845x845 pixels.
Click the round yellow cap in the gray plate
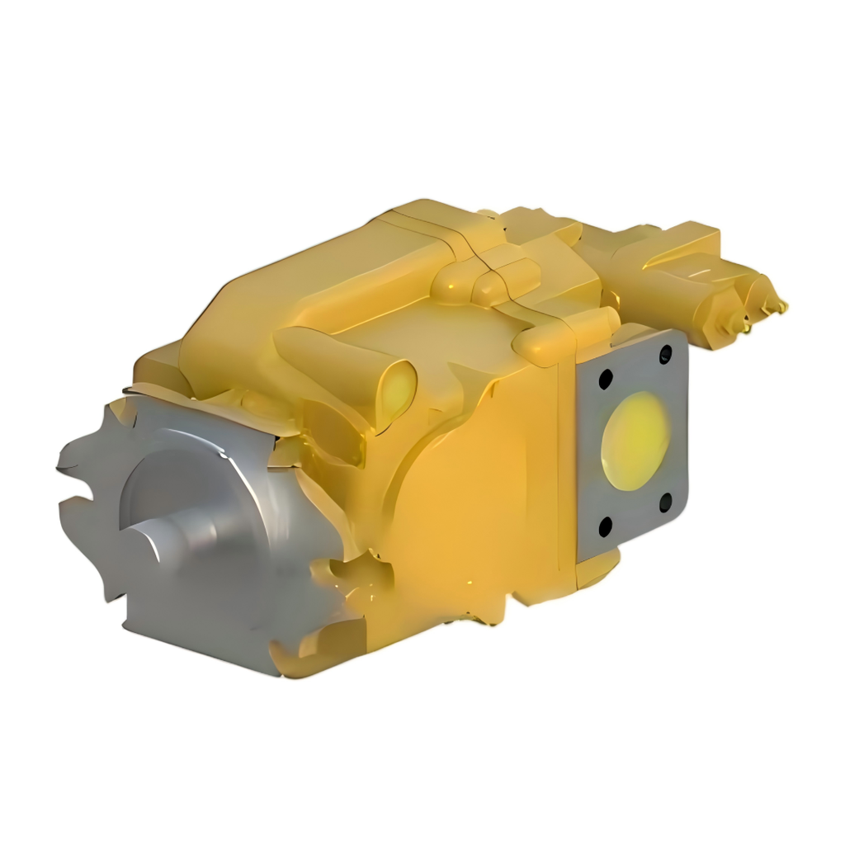(x=636, y=440)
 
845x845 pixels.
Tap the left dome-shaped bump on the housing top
(x=451, y=286)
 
